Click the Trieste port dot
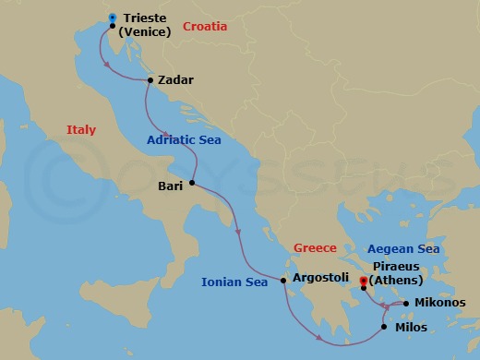[x=112, y=26]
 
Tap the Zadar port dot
[x=150, y=80]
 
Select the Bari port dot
[x=192, y=183]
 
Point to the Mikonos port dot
[x=405, y=303]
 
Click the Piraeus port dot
[x=364, y=288]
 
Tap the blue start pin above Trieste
[x=112, y=17]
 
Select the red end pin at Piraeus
[x=364, y=279]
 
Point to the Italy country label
[x=81, y=131]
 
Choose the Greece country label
[x=314, y=247]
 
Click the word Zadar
[x=175, y=80]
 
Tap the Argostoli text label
[x=320, y=276]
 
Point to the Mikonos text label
[x=440, y=302]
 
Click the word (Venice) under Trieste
[x=150, y=33]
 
